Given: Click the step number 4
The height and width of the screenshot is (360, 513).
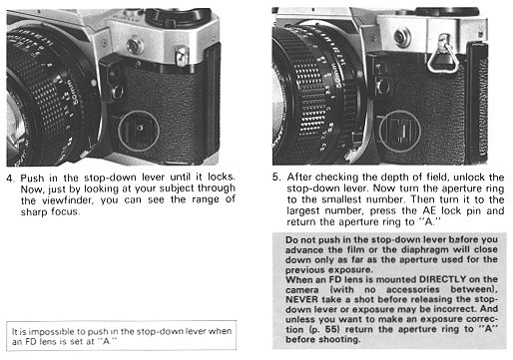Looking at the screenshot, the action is (x=10, y=179).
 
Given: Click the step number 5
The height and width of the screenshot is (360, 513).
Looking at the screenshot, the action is (x=275, y=178).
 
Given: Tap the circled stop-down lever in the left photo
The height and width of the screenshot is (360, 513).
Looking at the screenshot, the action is (x=139, y=131).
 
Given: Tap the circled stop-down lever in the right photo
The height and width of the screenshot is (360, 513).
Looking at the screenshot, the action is (x=399, y=130).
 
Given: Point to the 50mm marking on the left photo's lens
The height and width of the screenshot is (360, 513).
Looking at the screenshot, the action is (x=73, y=93).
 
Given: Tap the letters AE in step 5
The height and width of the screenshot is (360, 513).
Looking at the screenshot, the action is (x=429, y=211).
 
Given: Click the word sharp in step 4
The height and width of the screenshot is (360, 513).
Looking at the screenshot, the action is (x=34, y=212).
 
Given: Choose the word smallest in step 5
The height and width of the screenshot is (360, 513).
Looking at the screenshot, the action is (x=341, y=199).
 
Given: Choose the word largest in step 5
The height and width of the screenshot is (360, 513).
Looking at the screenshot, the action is (x=302, y=211).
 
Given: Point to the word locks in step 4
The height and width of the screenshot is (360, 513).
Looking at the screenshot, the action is (x=222, y=177).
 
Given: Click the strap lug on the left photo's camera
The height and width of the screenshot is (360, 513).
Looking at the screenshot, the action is (x=182, y=56).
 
